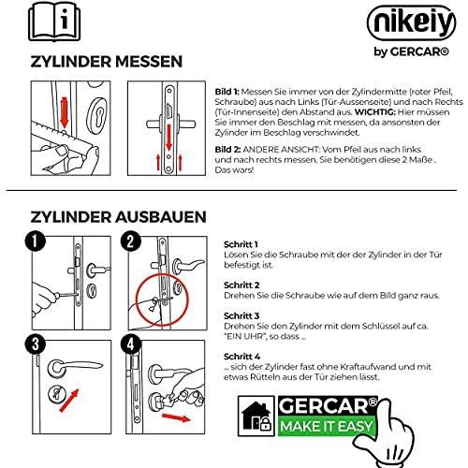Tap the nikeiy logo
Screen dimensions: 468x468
point(411,22)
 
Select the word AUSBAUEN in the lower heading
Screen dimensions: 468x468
point(161,217)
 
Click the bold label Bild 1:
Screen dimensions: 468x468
point(227,92)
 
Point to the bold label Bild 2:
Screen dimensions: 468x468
point(227,150)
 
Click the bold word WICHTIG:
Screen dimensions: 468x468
point(375,112)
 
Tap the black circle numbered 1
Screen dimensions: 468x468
point(36,241)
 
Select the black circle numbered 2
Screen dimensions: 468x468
point(131,241)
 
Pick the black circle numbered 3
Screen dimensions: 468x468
point(36,344)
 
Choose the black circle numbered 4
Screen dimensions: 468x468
point(131,344)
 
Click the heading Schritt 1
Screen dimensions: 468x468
point(241,244)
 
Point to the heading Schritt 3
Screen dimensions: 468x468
point(241,315)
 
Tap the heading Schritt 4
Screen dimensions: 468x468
point(241,357)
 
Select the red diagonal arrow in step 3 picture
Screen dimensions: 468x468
point(69,401)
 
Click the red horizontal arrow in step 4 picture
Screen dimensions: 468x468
point(176,417)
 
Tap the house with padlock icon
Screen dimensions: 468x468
point(256,417)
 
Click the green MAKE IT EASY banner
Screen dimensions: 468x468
point(327,426)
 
